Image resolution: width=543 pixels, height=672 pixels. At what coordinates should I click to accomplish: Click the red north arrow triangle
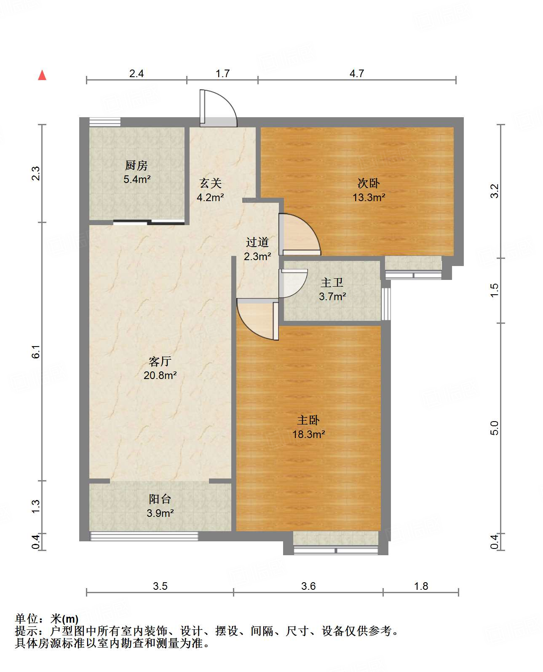point(42,75)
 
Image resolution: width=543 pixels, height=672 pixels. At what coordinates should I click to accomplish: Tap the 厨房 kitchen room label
point(136,165)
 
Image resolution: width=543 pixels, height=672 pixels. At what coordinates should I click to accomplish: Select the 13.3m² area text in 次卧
point(369,197)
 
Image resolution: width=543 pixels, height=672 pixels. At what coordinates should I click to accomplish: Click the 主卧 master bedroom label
point(308,420)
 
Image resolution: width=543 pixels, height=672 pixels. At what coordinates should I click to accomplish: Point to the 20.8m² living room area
point(160,375)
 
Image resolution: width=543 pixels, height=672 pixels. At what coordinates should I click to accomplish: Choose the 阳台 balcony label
point(160,499)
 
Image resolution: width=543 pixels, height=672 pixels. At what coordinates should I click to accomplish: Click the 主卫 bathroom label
point(332,282)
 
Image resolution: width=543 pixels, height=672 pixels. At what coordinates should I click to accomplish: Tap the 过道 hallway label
point(257,242)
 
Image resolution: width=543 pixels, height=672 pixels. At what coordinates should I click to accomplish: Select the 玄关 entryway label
point(211,183)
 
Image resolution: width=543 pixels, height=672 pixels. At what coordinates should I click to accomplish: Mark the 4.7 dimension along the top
point(357,73)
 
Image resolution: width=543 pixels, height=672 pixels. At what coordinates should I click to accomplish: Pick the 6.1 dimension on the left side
point(36,352)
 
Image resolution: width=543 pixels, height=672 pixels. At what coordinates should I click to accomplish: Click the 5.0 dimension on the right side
point(495,428)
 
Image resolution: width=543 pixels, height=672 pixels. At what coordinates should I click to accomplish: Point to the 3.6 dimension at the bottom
point(308,586)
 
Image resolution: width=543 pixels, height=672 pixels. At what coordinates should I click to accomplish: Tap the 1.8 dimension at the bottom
point(421,586)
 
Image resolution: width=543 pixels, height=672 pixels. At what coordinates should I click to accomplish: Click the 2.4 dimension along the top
point(136,73)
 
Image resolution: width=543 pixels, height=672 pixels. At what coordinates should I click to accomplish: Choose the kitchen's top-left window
point(105,122)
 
